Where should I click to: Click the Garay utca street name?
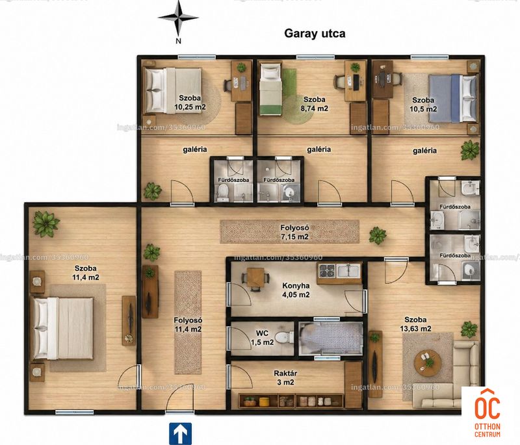point(315,34)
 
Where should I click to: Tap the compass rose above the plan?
point(178,18)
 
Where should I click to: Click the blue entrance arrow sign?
point(181,433)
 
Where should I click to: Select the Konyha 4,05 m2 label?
point(296,290)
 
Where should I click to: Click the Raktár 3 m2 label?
point(285,377)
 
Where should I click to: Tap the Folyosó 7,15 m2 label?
point(295,233)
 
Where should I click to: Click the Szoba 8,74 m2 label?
point(315,104)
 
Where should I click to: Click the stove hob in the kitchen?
point(327,271)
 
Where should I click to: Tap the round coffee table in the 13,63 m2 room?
point(428,361)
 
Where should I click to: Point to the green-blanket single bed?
point(270,90)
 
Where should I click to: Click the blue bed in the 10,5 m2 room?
point(452,98)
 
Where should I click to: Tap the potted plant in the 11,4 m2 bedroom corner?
point(46,223)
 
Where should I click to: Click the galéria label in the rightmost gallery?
point(425,151)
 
